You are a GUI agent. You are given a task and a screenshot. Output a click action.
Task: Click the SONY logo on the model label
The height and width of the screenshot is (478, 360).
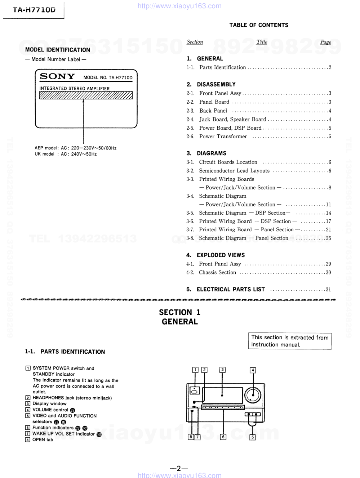click(57, 76)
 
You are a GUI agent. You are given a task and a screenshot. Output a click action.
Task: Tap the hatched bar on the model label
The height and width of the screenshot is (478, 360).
click(86, 95)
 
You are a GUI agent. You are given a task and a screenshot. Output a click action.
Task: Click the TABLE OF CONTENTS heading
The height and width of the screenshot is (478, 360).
click(259, 25)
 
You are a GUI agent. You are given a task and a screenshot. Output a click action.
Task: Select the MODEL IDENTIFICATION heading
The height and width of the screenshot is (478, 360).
click(58, 50)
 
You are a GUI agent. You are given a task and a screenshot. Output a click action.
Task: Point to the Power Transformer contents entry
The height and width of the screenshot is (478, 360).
click(223, 137)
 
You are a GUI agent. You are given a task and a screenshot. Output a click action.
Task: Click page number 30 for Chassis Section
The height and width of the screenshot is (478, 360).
click(328, 273)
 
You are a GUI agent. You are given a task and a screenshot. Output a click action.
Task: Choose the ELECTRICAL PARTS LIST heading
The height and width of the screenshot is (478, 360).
click(231, 289)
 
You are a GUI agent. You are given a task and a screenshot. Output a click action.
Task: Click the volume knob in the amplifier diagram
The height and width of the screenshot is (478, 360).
click(253, 395)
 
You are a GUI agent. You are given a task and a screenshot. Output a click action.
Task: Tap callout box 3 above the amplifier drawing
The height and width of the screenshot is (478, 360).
click(223, 370)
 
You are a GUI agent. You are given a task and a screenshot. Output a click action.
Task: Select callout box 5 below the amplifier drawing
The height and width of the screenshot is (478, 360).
click(253, 437)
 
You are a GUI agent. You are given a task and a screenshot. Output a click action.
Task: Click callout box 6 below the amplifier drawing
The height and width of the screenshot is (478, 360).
click(223, 437)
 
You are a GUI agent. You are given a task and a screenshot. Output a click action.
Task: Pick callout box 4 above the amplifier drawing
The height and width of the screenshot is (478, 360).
click(253, 370)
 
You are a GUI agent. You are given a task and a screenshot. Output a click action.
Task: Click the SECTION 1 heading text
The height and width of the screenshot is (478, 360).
click(179, 312)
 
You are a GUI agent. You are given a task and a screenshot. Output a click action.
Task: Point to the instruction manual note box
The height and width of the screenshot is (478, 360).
click(290, 341)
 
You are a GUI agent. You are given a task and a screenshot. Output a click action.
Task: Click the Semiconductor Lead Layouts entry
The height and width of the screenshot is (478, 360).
click(234, 171)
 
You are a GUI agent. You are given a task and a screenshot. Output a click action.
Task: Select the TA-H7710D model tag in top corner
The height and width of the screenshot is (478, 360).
click(34, 10)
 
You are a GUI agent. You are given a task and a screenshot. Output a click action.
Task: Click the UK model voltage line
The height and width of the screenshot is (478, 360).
click(66, 154)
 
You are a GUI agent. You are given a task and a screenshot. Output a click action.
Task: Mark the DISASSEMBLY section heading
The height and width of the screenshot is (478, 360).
click(216, 84)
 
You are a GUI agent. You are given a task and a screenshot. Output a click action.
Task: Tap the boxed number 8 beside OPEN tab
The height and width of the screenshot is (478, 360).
click(28, 440)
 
